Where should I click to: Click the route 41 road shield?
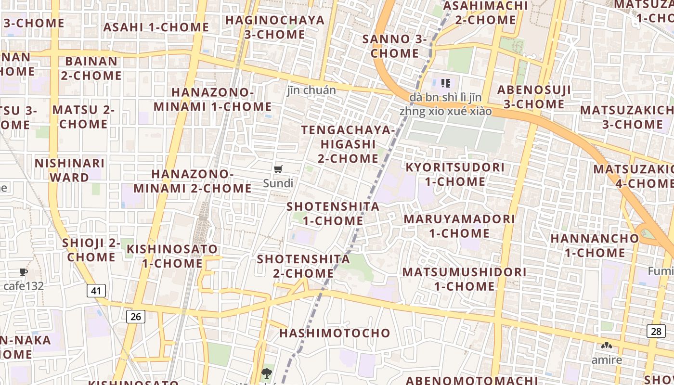97,291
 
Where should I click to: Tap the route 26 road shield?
136,316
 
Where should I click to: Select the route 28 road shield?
656,331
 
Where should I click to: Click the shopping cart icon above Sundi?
278,169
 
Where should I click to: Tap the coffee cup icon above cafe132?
23,272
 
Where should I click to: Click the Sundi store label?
278,183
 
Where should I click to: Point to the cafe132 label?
24,286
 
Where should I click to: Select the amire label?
607,360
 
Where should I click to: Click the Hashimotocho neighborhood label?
335,333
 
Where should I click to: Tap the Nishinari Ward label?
70,170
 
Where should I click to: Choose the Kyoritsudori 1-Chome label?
455,174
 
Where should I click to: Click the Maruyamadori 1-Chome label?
459,226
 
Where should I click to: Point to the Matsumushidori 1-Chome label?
465,279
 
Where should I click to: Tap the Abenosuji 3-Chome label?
534,97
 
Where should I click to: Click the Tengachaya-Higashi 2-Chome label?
348,144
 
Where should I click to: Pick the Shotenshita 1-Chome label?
333,214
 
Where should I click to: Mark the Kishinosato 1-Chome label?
172,256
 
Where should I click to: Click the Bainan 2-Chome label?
91,68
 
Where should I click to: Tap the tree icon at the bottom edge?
266,372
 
